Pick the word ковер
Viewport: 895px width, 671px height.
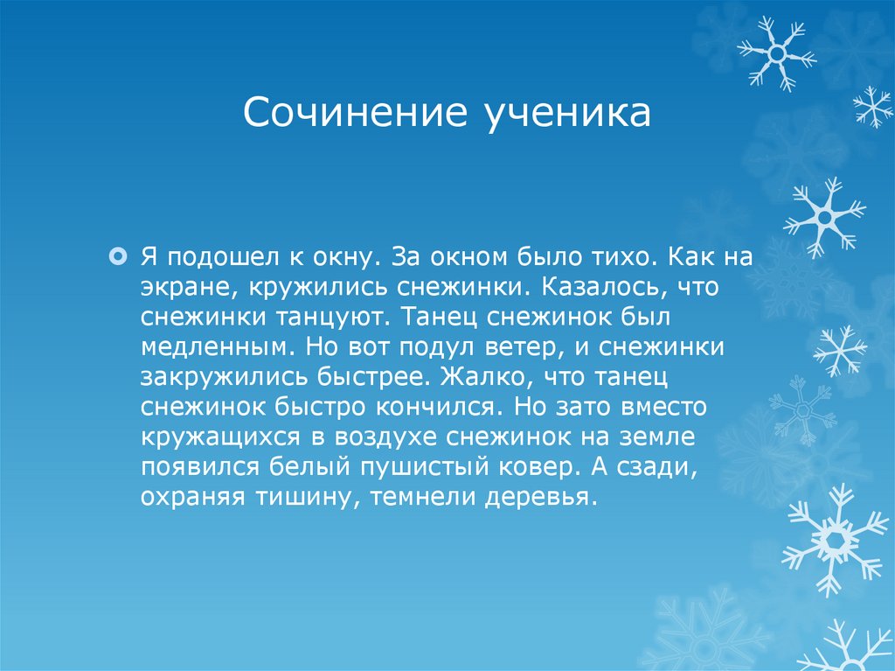tap(541, 467)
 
